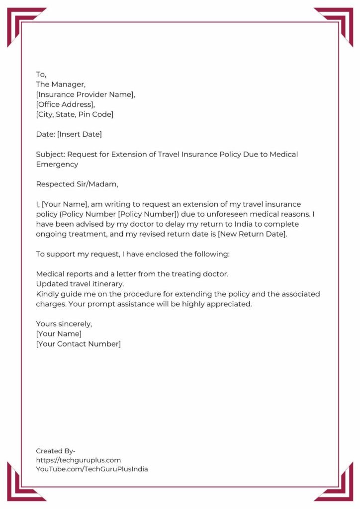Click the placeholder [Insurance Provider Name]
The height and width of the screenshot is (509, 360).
[x=86, y=94]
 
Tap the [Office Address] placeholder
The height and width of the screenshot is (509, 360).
[x=65, y=104]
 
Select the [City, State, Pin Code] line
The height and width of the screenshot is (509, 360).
[x=75, y=114]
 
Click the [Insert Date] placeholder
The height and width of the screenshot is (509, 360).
[x=80, y=134]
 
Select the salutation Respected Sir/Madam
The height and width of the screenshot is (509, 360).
[x=78, y=184]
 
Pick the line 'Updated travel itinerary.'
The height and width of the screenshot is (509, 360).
[x=80, y=284]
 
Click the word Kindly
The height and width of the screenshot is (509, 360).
[x=48, y=294]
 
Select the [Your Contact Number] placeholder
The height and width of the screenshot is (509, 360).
[x=78, y=343]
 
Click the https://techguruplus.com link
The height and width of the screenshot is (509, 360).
[x=78, y=460]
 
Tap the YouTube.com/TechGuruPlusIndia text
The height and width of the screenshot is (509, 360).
[x=92, y=469]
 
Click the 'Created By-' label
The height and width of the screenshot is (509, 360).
[x=56, y=451]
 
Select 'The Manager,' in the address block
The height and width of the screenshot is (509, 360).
[x=61, y=85]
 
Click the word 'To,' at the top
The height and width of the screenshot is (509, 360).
[x=41, y=75]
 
